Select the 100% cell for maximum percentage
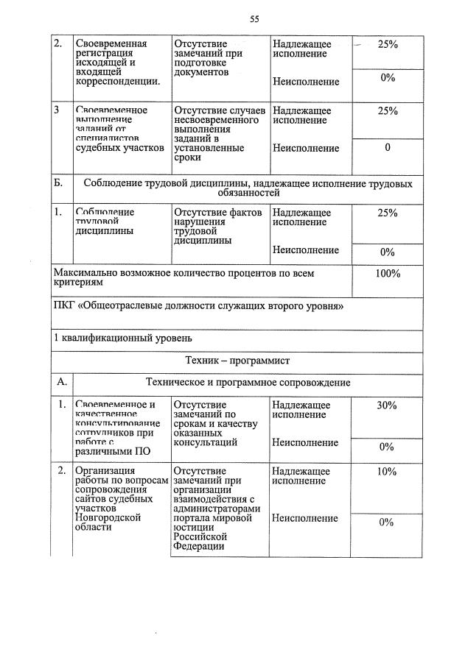point(387,274)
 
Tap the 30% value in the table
point(387,405)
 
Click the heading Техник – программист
point(237,361)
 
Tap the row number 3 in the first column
point(58,110)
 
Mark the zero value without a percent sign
point(387,148)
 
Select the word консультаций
point(205,443)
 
